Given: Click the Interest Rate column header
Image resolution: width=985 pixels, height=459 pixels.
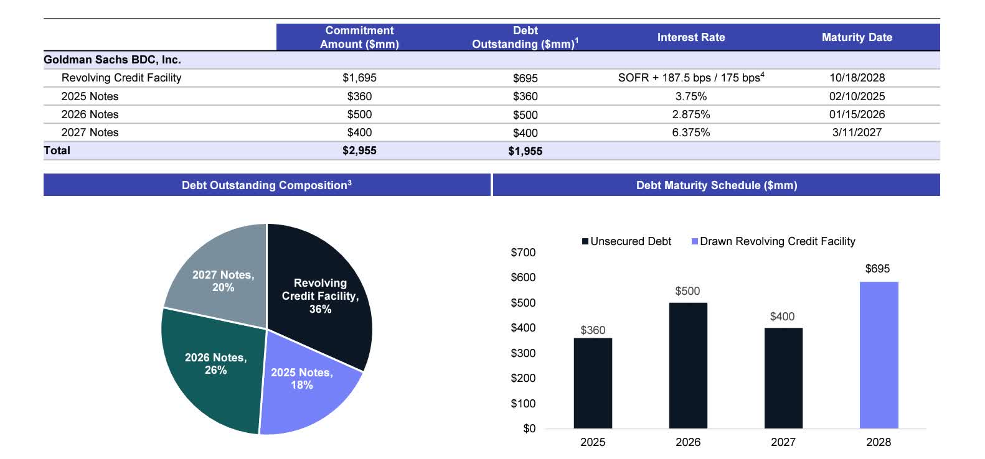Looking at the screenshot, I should [x=690, y=37].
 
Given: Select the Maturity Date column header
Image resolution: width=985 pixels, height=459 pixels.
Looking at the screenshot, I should [x=857, y=37].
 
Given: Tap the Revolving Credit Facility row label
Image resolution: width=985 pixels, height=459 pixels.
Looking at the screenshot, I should [x=121, y=78].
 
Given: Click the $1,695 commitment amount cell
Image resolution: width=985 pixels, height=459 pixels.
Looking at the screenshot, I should [x=359, y=78].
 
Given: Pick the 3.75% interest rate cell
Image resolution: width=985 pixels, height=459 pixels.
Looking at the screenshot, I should [x=690, y=96].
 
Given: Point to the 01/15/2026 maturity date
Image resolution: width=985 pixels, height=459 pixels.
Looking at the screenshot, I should [x=857, y=114].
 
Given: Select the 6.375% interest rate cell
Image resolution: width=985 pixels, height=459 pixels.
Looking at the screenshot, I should [x=690, y=132].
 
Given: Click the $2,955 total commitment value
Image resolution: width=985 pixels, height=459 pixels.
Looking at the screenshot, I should [x=359, y=151].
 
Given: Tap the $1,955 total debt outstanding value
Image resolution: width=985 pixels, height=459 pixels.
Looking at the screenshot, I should [x=525, y=151].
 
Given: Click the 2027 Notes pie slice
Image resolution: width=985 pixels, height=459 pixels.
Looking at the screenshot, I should [x=218, y=274].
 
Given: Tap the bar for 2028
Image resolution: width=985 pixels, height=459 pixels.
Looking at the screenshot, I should [x=879, y=355].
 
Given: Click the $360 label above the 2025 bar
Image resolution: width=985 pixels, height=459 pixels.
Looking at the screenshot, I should [x=593, y=330].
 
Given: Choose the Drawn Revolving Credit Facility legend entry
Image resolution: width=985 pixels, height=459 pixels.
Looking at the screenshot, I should [x=773, y=241].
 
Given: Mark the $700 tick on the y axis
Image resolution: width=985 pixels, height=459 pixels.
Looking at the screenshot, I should [x=523, y=253].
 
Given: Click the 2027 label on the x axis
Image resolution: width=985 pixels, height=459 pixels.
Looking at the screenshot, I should [x=783, y=442].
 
